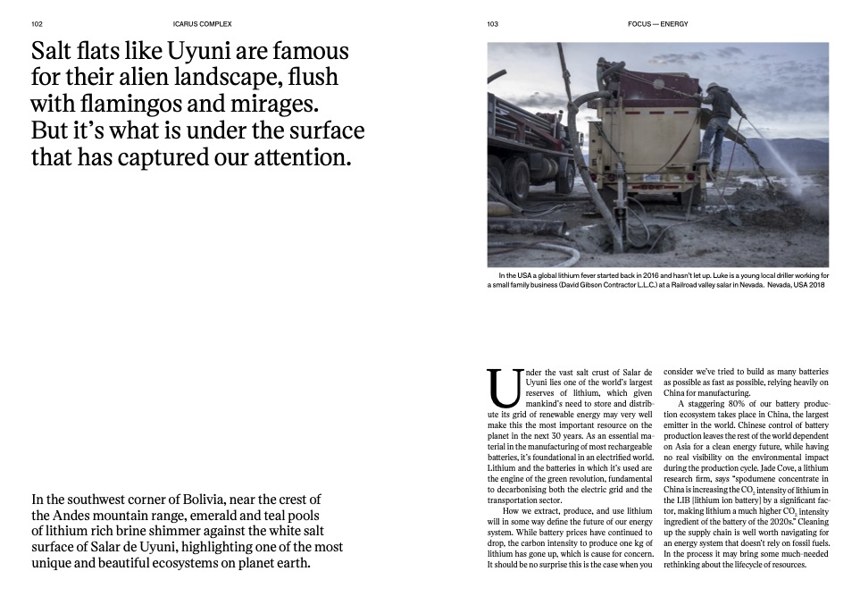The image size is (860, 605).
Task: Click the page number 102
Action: tap(37, 24)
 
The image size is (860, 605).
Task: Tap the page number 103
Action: tap(493, 24)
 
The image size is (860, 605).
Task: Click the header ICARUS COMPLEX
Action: tap(202, 24)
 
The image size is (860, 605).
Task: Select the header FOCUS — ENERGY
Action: tap(658, 24)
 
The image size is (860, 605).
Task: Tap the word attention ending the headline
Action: tap(296, 157)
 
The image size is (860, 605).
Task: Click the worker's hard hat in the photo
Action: tap(712, 87)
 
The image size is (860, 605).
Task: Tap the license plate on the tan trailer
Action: tap(650, 178)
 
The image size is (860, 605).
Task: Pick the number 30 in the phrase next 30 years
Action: tap(564, 436)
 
